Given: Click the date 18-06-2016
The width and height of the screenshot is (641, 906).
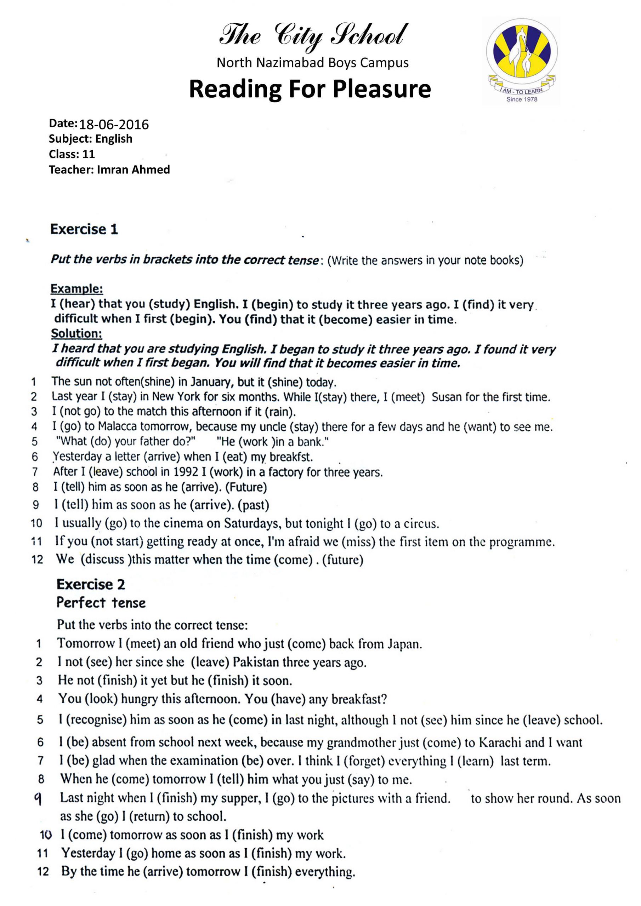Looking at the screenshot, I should pos(114,125).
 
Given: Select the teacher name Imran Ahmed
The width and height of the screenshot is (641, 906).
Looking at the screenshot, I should pos(133,170).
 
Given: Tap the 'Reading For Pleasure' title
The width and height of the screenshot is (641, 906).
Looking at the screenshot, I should pos(310,89).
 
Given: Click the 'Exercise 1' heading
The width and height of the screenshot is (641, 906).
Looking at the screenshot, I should pos(84,229).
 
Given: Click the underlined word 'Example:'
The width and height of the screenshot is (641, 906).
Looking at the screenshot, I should pos(76,289).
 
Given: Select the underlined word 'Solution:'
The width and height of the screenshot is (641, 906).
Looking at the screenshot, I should pos(76,333).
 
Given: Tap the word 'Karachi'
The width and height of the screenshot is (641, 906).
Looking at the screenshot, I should pos(500,742).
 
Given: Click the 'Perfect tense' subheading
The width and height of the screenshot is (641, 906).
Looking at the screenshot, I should pos(101,603).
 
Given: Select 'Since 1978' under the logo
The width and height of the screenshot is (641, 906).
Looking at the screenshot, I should pos(522,99).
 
